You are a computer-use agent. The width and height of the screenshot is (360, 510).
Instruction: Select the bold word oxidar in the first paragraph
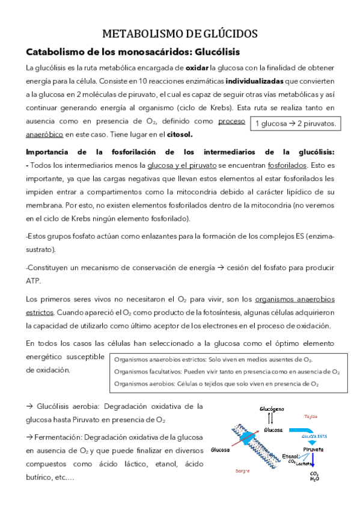tap(198, 67)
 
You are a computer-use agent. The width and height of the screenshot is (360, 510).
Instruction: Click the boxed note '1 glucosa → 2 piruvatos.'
tap(296, 124)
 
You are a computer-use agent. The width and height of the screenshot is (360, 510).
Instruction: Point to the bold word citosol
tap(180, 134)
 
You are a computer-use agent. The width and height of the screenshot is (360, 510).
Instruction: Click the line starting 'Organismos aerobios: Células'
tap(216, 384)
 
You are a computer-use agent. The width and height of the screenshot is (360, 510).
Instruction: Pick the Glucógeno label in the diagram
tap(272, 408)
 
